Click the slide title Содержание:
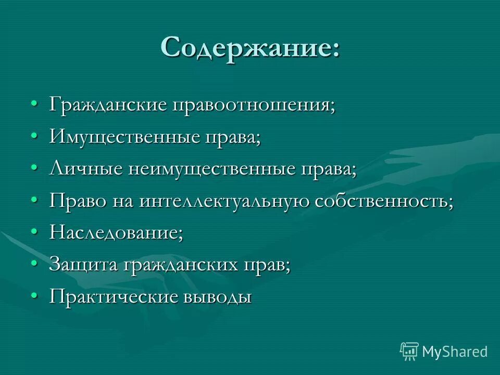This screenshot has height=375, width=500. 250,48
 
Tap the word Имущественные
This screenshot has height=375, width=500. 123,137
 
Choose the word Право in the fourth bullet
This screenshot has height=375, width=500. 78,202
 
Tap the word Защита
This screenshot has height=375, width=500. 83,265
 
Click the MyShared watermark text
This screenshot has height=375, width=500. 455,352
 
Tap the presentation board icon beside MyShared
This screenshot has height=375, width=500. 409,351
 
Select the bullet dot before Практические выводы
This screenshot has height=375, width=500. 34,296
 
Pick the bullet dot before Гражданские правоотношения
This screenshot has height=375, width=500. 34,104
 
